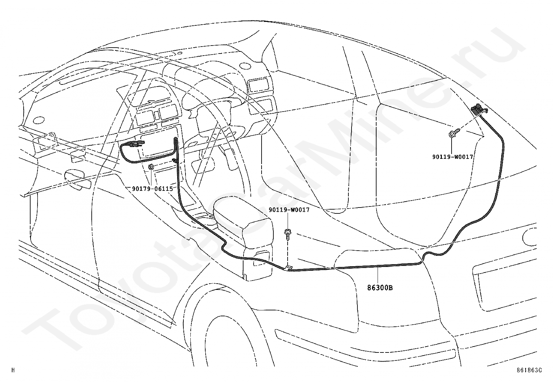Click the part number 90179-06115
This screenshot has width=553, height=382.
(152, 189)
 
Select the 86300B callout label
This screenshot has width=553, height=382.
(380, 288)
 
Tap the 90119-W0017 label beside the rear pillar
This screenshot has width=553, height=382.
(453, 157)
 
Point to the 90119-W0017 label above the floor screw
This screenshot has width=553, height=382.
(289, 210)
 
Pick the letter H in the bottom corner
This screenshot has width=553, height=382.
(13, 370)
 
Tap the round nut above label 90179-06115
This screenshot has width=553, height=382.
(151, 167)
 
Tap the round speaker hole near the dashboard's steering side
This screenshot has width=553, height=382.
(245, 66)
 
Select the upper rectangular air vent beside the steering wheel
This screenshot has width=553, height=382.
(259, 85)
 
